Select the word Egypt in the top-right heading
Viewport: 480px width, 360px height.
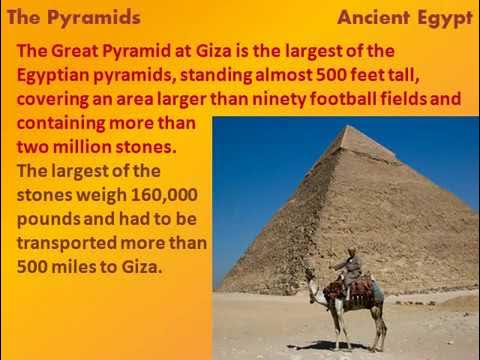click(x=446, y=18)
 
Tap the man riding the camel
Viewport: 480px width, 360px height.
click(x=351, y=266)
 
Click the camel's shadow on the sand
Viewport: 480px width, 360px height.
click(x=345, y=346)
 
